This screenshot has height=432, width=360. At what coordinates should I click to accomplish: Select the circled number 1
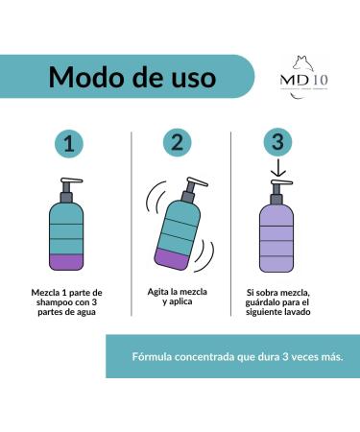[x=67, y=145]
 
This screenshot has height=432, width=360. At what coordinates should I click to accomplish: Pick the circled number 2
[x=175, y=144]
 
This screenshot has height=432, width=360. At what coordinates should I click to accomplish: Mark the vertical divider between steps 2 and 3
[x=230, y=221]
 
